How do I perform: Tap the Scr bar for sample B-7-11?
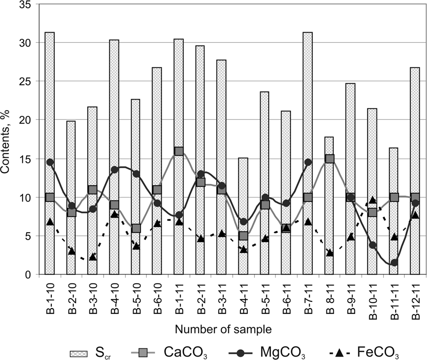(308, 107)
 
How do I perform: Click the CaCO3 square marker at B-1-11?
(179, 151)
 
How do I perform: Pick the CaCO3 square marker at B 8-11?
(329, 159)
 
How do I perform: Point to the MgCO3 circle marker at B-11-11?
(394, 263)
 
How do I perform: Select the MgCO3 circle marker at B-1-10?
(50, 162)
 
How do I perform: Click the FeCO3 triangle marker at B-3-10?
(93, 257)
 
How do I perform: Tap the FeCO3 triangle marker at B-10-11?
(373, 200)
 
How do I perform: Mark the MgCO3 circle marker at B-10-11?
(373, 245)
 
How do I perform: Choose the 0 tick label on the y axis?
(31, 275)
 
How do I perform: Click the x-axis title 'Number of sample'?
(223, 330)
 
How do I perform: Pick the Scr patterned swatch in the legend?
(79, 353)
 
